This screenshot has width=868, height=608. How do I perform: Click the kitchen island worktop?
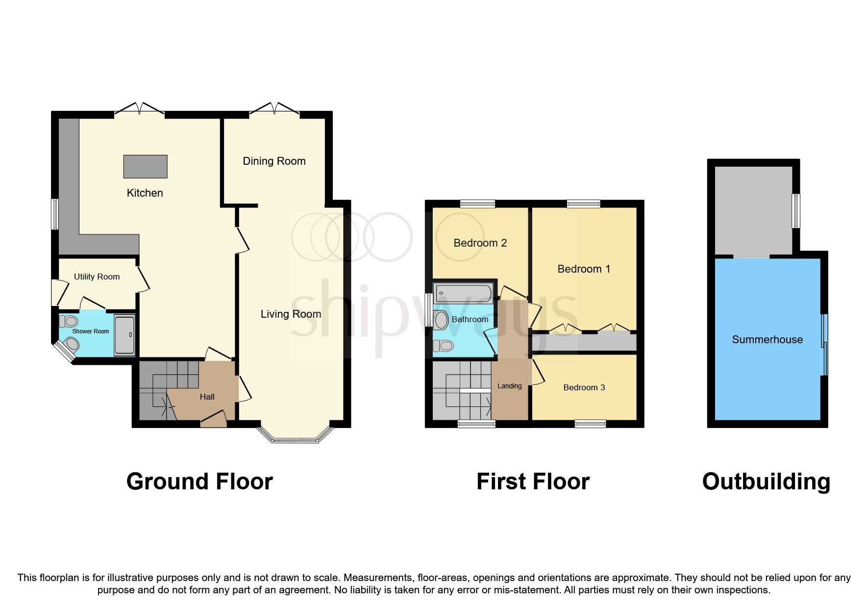click(x=145, y=166)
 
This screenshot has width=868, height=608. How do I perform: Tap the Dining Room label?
click(x=274, y=161)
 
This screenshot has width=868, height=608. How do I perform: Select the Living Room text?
click(x=291, y=314)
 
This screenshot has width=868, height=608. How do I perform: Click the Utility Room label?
click(x=97, y=277)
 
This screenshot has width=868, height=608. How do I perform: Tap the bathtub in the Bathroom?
click(x=463, y=293)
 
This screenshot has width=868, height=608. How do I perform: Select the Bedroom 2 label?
click(x=480, y=243)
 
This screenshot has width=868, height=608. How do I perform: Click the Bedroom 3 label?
click(x=584, y=387)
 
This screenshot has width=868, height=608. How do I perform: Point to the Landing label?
click(x=509, y=386)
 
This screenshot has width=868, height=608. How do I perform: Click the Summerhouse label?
click(x=767, y=339)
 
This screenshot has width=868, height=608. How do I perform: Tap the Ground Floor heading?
click(x=199, y=481)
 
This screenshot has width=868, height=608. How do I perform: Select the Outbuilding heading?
click(x=766, y=481)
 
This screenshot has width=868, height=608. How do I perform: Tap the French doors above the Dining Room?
click(x=274, y=109)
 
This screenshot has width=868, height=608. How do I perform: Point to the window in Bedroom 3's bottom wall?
click(x=590, y=424)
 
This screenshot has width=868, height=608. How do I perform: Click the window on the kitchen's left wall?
click(x=55, y=214)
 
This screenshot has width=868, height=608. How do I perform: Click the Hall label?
click(x=207, y=397)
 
